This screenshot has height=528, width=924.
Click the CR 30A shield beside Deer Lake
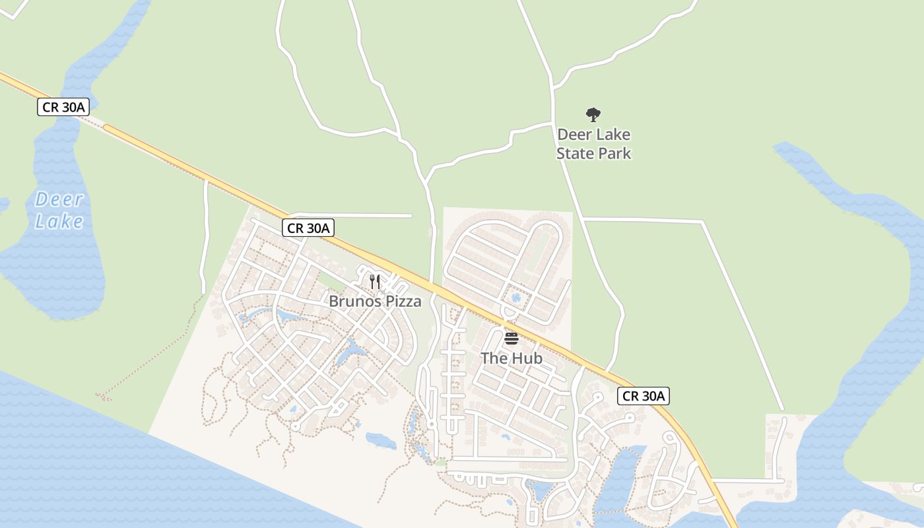pos(63,107)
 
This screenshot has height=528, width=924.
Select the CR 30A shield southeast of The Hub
pos(644,396)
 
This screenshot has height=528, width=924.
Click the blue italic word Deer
pos(59,199)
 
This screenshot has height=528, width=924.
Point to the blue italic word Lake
pos(59,221)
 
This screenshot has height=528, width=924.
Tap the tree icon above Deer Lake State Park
pos(593,115)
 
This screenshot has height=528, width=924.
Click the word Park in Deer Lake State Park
pos(614,153)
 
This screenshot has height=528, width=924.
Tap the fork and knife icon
pos(375,282)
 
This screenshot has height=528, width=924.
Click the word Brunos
pos(355,302)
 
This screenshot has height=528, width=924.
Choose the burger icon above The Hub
pos(511,339)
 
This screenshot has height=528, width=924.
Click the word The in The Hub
pos(492,358)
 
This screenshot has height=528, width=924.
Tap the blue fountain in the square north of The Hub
pos(516,298)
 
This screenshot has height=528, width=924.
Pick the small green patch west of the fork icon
pos(332,282)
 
